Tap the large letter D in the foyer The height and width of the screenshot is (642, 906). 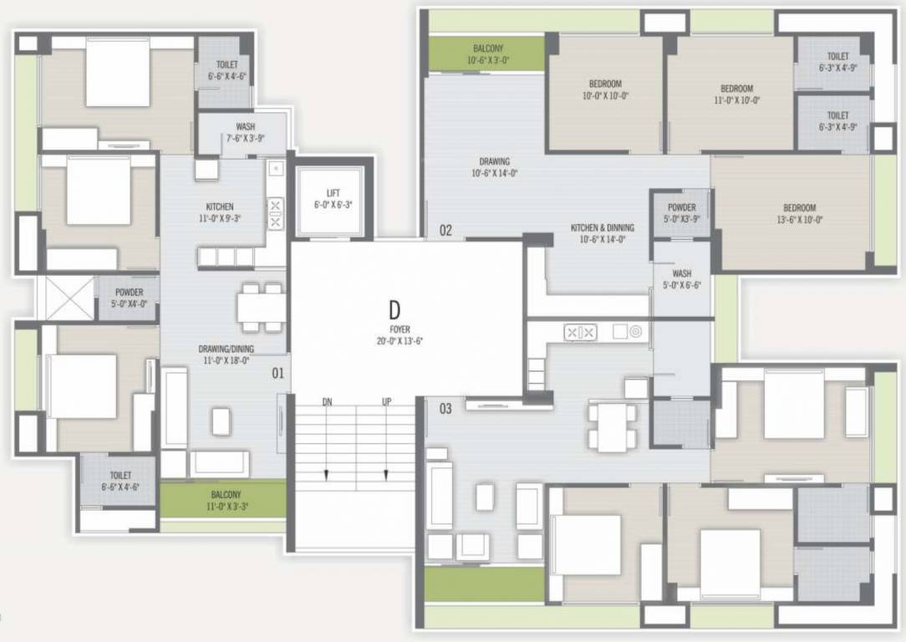(x=394, y=310)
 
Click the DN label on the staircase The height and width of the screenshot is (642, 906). (x=328, y=402)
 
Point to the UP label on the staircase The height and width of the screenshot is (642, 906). (x=386, y=402)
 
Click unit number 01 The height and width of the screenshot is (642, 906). (x=277, y=374)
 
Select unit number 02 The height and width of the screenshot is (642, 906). (x=445, y=230)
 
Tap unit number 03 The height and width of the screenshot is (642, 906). (x=445, y=409)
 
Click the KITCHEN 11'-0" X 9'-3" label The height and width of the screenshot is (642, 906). (x=220, y=212)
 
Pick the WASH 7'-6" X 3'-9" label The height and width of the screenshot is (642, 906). (x=245, y=133)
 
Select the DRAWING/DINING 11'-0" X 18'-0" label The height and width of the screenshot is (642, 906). (x=226, y=354)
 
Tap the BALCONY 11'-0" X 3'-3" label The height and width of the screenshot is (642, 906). (x=226, y=500)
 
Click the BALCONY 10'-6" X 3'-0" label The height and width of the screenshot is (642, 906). (x=488, y=54)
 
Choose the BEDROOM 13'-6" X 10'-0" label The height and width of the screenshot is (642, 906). (x=799, y=213)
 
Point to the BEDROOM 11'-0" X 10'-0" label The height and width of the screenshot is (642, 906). (x=736, y=94)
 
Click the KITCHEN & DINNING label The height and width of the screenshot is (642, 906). (x=602, y=232)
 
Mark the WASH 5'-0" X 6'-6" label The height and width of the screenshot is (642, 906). (x=681, y=278)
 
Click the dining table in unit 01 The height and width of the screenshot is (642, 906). (x=260, y=308)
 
